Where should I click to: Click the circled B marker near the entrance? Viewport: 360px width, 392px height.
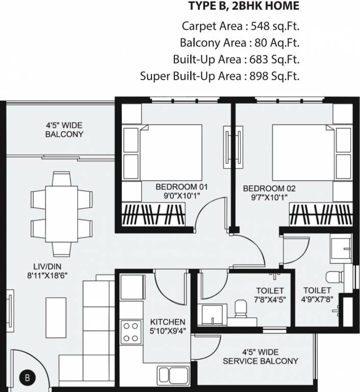[x=27, y=378]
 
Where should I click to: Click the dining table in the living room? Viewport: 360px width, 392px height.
[x=62, y=214]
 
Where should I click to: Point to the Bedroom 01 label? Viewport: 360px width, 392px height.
[x=182, y=187]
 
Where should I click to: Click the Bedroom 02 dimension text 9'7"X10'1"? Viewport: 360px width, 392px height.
[x=269, y=198]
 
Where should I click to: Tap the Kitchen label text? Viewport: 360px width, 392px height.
[x=168, y=322]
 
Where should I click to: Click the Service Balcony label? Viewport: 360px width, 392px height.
[x=261, y=361]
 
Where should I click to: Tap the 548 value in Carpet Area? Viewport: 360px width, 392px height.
[x=260, y=26]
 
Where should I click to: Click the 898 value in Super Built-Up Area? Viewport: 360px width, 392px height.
[x=259, y=76]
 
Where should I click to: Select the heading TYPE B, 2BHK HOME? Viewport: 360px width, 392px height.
[x=244, y=6]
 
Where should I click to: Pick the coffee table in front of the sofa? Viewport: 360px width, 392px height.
[x=56, y=317]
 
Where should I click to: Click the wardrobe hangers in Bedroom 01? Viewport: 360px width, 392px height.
[x=153, y=214]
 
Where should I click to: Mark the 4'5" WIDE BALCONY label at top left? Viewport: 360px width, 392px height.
[x=64, y=130]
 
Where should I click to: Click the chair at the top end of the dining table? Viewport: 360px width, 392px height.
[x=62, y=178]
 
